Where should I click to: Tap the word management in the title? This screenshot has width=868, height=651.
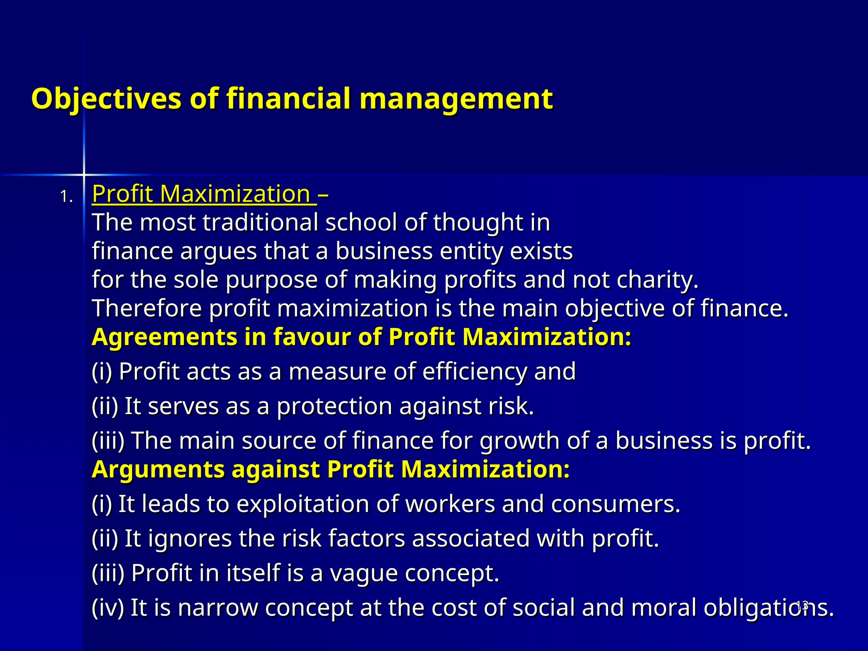click(456, 99)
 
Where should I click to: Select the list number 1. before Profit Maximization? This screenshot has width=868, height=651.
click(66, 197)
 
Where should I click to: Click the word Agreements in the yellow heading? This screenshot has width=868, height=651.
click(164, 337)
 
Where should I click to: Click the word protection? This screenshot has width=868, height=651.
click(334, 406)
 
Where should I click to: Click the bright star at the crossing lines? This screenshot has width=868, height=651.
click(83, 174)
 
